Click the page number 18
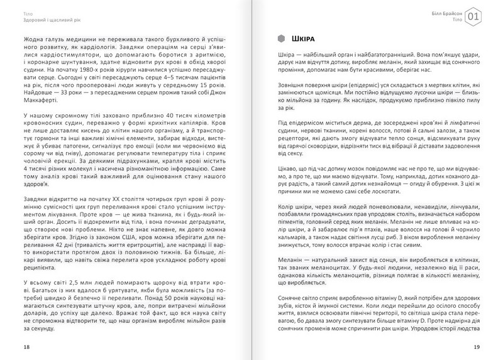[x=25, y=347]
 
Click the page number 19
[x=477, y=347]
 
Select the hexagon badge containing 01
[x=477, y=16]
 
